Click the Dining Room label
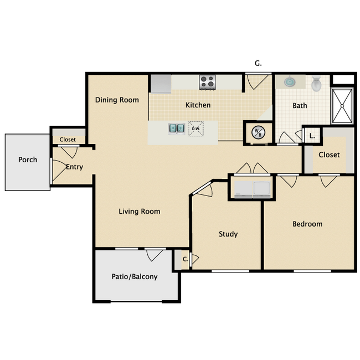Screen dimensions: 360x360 [117, 100]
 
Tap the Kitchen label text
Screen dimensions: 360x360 [198, 105]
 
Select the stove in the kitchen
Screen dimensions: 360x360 [207, 83]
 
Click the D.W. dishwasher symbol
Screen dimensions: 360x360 [196, 129]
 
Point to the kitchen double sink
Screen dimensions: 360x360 [177, 128]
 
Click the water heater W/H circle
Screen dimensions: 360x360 [258, 132]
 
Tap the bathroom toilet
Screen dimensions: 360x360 [316, 84]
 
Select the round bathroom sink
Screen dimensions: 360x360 [290, 82]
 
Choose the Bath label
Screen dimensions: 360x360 [300, 105]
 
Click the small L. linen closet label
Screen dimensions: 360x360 [312, 135]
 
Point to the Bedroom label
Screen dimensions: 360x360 [307, 224]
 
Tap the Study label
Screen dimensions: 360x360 [228, 234]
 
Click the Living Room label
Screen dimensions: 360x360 [140, 211]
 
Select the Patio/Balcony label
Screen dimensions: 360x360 [135, 276]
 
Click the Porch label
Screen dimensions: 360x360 [28, 160]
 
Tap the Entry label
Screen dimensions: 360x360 [74, 167]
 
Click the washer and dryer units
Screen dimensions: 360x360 [252, 188]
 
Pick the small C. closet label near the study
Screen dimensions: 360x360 [186, 259]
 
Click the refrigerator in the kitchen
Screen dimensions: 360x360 [161, 84]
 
